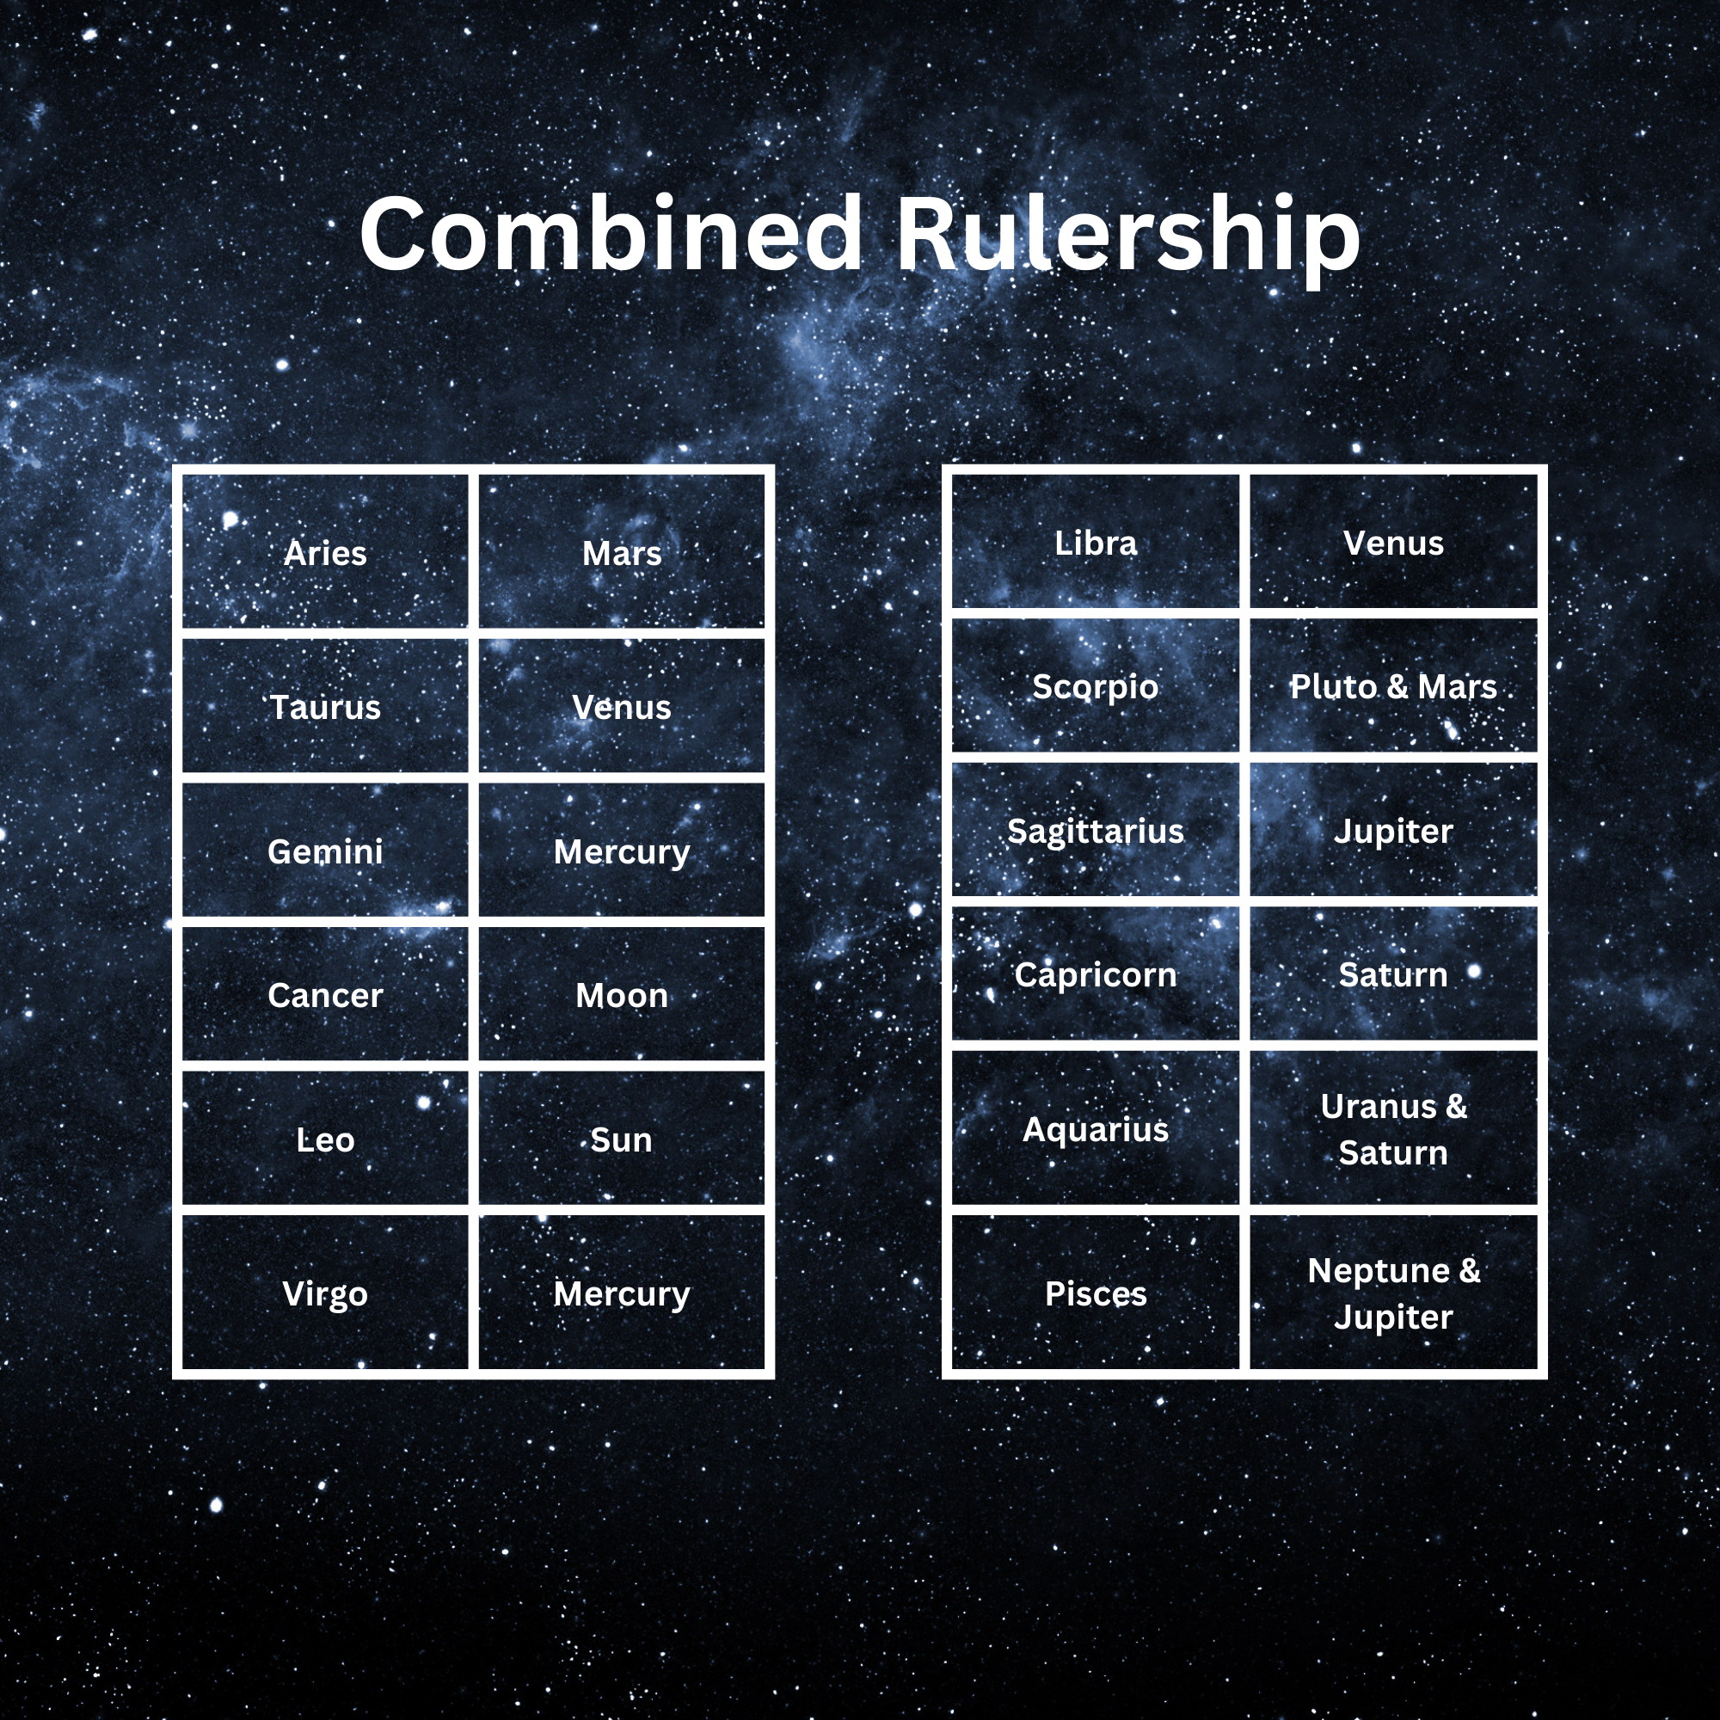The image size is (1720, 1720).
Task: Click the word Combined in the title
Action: coord(611,235)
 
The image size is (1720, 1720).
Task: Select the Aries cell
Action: coord(325,553)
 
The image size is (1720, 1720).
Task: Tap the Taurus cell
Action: coord(325,707)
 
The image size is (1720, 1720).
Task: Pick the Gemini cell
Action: coord(325,851)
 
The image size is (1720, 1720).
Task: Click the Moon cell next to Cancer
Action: coord(622,994)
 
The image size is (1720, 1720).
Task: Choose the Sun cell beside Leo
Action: coord(622,1139)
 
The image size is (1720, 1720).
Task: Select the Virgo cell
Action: coord(325,1293)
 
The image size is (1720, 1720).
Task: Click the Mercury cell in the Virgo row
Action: coord(622,1293)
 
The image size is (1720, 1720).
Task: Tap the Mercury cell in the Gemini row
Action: coord(622,851)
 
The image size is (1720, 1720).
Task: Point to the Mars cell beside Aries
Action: coord(622,553)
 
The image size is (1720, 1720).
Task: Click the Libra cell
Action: coord(1095,542)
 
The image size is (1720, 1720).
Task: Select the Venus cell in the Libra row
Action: coord(1393,542)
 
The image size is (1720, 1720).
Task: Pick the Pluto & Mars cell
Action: coord(1393,686)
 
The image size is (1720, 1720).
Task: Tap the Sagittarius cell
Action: coord(1095,831)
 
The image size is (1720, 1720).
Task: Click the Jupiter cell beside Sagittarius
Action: coord(1393,831)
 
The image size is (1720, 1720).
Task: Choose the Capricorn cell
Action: coord(1095,974)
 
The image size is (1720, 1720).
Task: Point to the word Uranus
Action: coord(1378,1106)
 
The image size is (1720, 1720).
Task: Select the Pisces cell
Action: coord(1095,1293)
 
